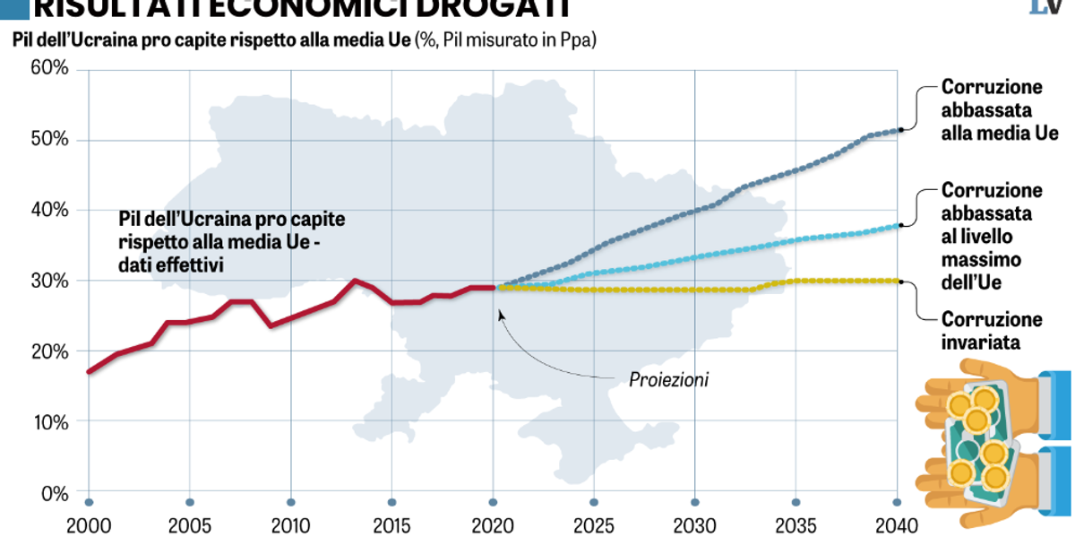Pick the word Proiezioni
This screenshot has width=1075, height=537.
coord(668,380)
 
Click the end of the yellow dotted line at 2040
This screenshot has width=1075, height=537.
coord(898,281)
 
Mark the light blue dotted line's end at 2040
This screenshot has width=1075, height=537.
coord(898,225)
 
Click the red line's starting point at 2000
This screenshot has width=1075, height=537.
coord(89,371)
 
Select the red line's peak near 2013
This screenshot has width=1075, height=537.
coord(354,281)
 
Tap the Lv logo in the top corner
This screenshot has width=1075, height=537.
coord(1045,8)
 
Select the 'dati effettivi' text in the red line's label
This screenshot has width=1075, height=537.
coord(169,264)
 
